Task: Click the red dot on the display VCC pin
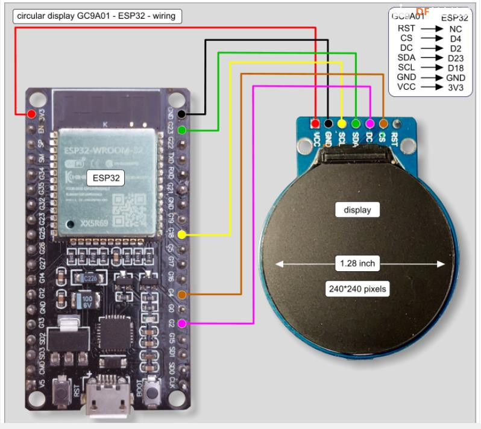[x=315, y=124]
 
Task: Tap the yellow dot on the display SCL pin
[x=342, y=124]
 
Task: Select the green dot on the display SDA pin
[x=356, y=124]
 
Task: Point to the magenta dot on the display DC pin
[x=369, y=124]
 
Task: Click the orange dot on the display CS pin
[x=383, y=124]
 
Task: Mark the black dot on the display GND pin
[x=329, y=124]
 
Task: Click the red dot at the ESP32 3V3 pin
[x=30, y=113]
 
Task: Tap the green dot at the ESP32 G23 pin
[x=182, y=130]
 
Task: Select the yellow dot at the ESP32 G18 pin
[x=182, y=234]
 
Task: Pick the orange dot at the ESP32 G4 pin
[x=182, y=294]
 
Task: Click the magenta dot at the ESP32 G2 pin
[x=182, y=324]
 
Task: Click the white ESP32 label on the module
[x=105, y=178]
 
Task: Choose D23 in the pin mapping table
[x=455, y=58]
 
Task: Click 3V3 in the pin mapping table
[x=455, y=87]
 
